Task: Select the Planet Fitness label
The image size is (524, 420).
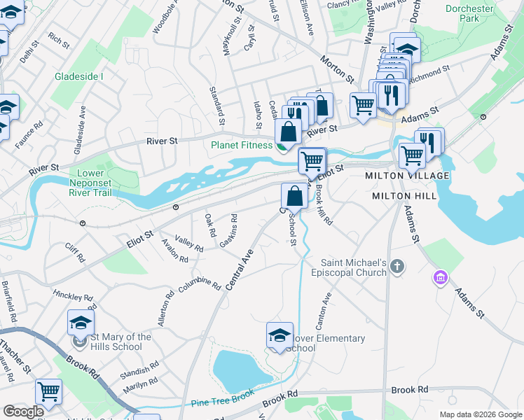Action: [241, 146]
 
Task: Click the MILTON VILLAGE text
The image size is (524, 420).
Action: [401, 176]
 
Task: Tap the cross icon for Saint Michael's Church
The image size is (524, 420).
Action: [398, 266]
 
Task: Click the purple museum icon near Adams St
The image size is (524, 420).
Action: [439, 278]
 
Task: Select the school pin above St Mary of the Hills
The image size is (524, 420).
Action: [81, 323]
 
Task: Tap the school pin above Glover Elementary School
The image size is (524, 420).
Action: [279, 335]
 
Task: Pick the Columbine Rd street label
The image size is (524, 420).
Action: [198, 283]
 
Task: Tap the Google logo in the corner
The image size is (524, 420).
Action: [24, 412]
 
